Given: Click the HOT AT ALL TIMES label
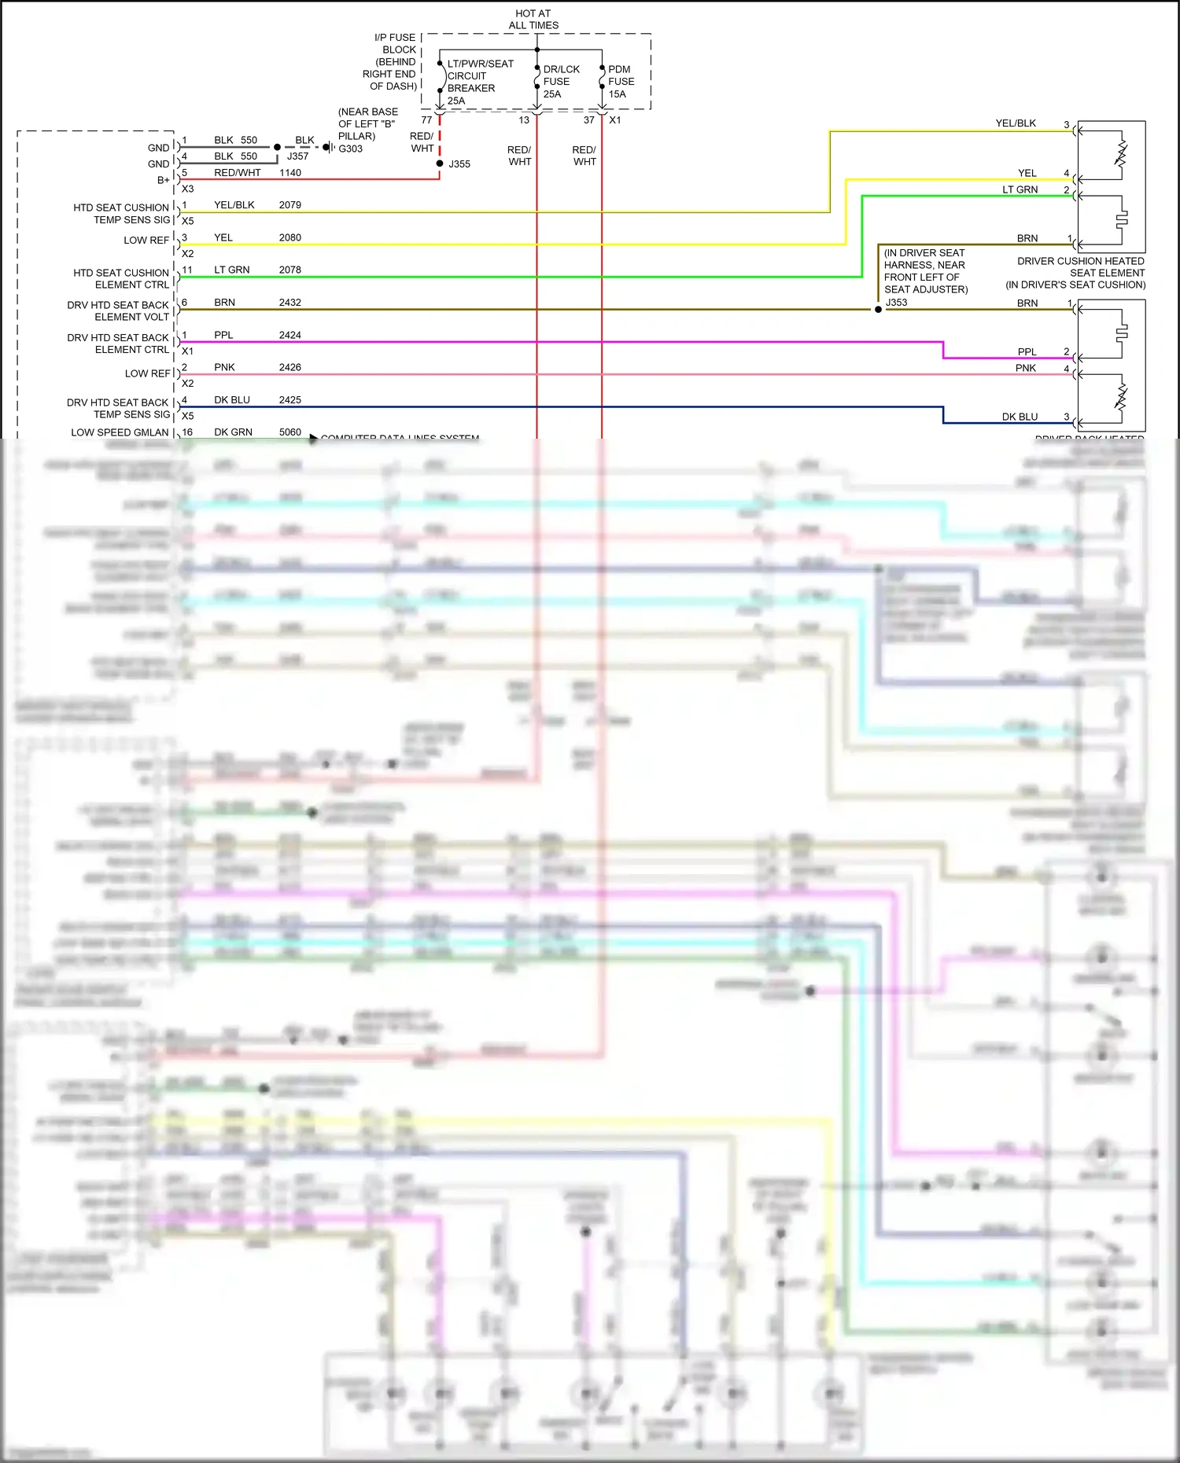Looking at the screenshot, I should coord(533,20).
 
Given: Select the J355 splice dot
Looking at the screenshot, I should coord(440,164).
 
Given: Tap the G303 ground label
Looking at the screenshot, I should coord(351,149).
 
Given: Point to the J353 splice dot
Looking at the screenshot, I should coord(878,310).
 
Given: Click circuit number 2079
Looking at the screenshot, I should coord(289,205).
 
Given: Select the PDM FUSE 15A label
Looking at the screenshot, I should coord(621,82).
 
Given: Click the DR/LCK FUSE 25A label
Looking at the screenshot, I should coord(561,82).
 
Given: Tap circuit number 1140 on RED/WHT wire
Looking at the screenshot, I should coord(289,173).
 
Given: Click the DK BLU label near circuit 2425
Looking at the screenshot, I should coord(232,400).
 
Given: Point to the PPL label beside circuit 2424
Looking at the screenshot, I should coord(223,335).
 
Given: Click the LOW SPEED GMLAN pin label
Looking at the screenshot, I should coord(120,432).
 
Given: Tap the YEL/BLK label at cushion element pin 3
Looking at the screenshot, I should coord(1016,123).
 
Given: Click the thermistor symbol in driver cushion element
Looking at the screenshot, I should coord(1122,154).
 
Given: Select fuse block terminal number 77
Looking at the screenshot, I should coord(426,120).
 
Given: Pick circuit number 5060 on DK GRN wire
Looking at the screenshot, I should coord(289,432).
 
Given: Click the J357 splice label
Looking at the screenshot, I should coord(297,156).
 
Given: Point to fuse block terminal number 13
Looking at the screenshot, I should coord(524,120).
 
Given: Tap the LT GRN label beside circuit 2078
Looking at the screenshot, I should coord(232,270).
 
